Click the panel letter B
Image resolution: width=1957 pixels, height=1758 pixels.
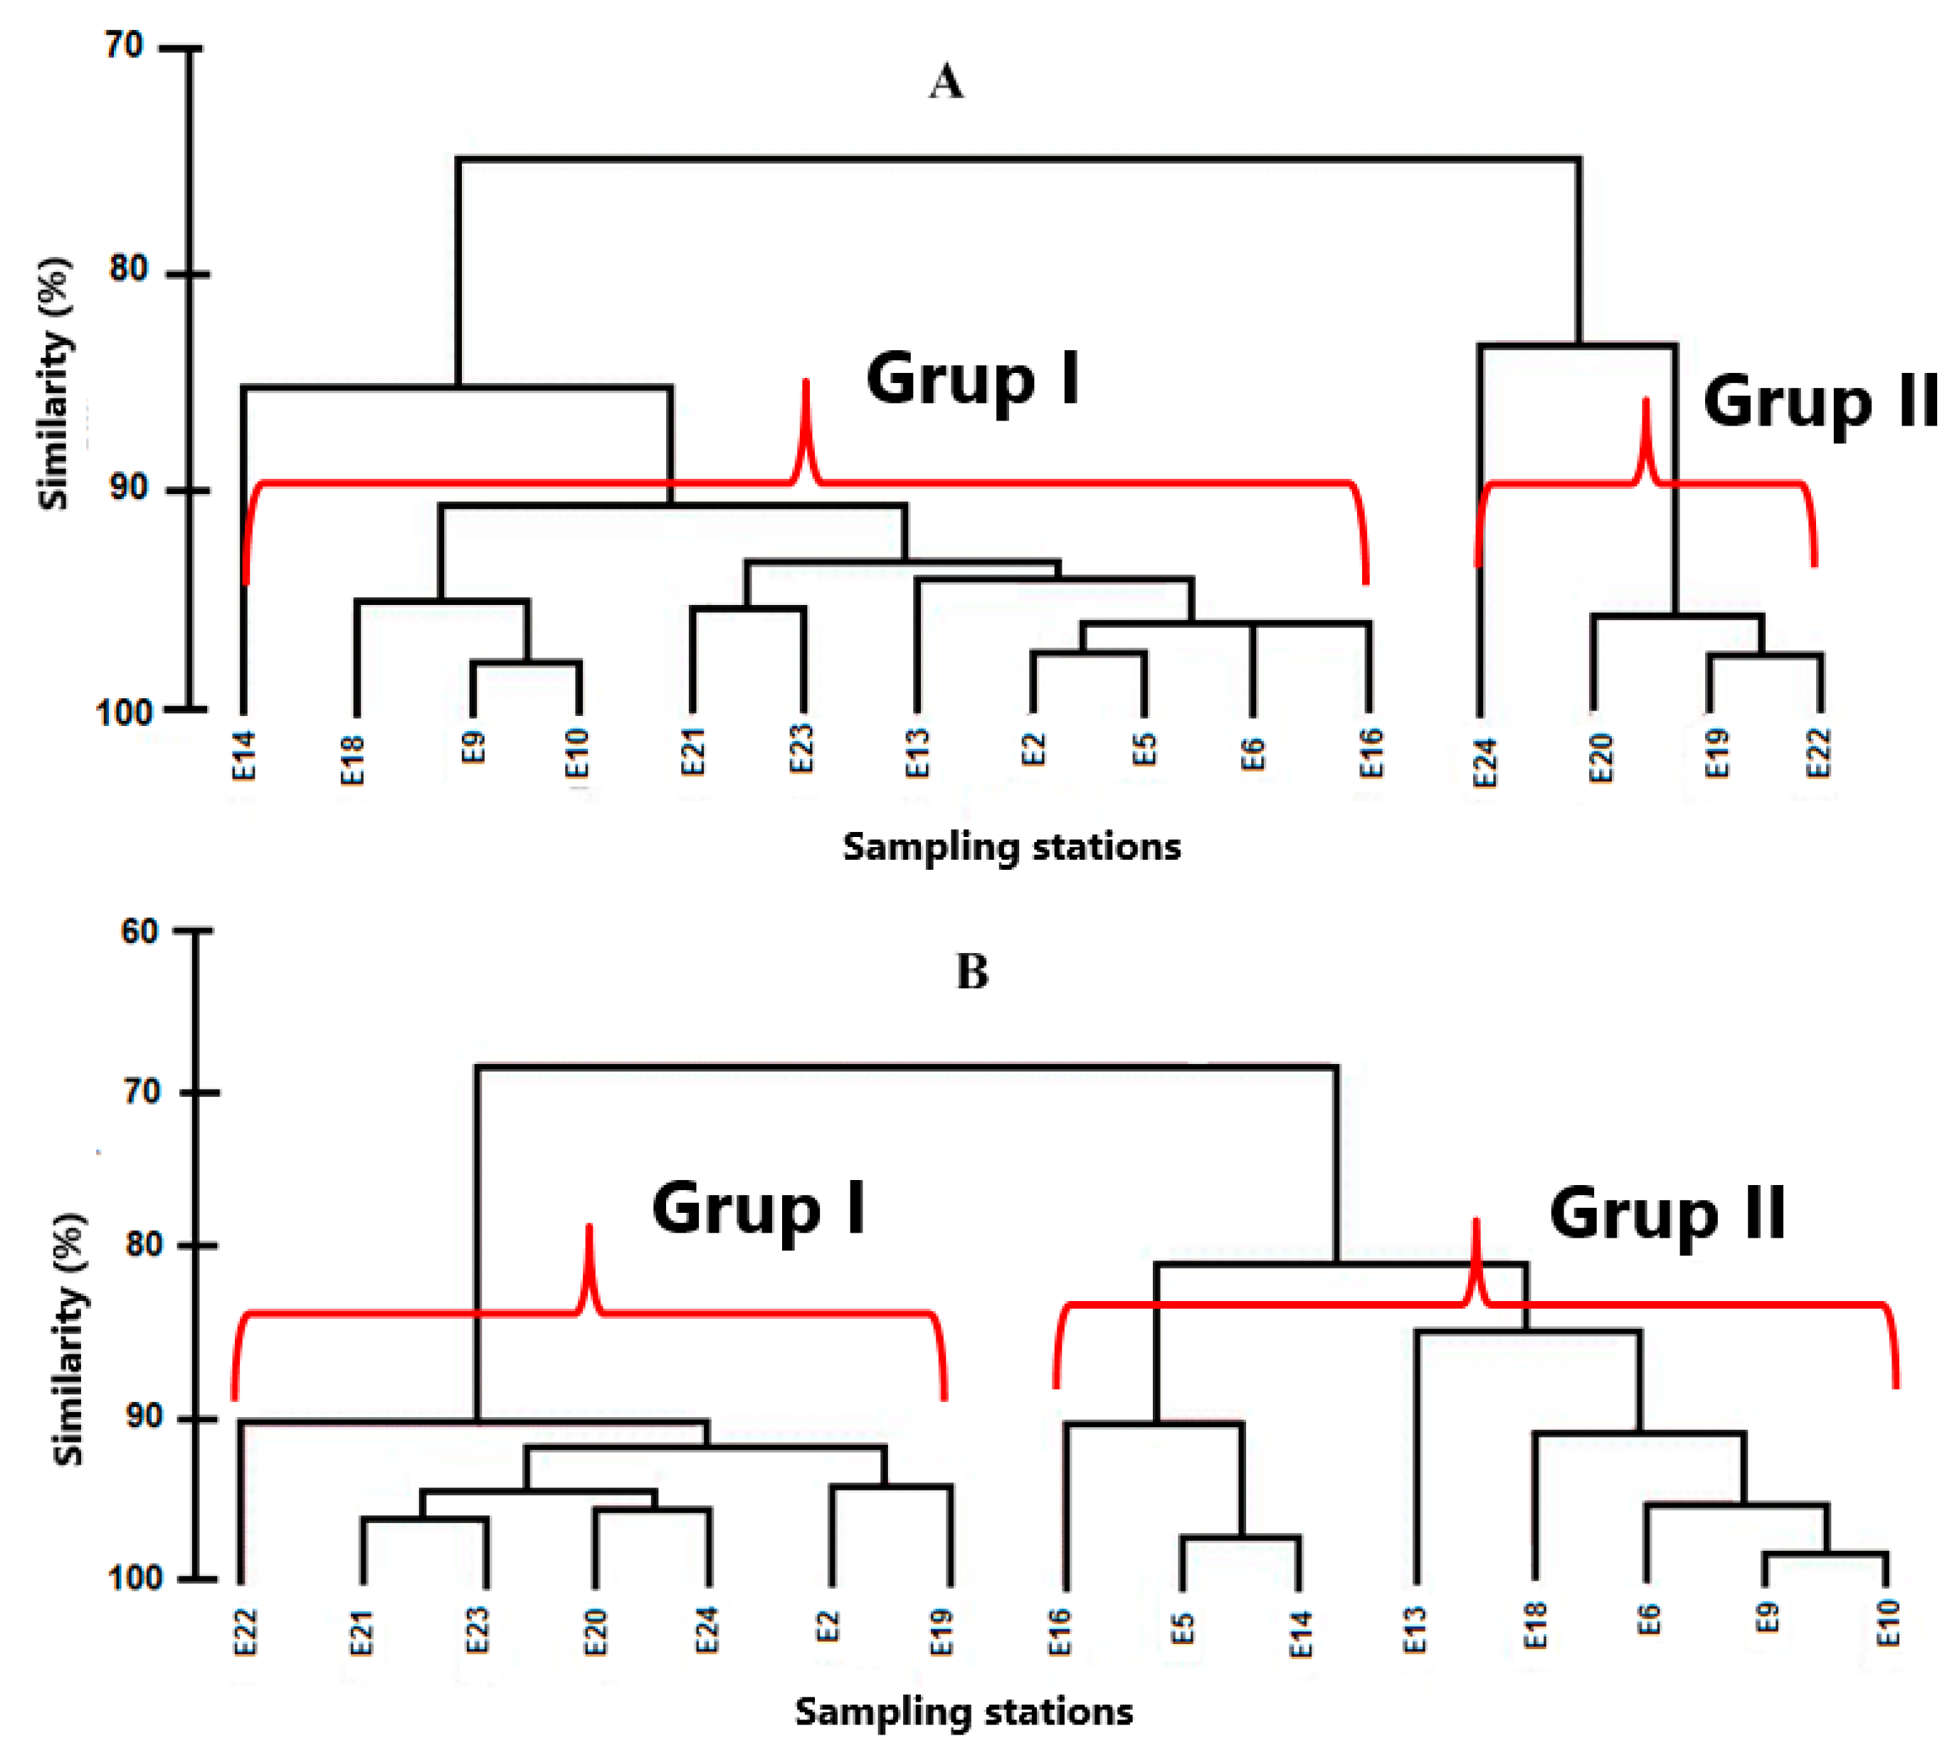[971, 972]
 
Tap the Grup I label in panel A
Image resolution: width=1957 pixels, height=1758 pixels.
[971, 379]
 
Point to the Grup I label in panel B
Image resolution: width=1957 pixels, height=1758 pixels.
[759, 1209]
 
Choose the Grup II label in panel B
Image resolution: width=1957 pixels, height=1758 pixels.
[1667, 1214]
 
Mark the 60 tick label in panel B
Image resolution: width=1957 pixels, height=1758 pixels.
[139, 931]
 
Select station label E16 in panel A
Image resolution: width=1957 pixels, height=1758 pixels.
[1371, 754]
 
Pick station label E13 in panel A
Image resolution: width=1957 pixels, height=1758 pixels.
[917, 754]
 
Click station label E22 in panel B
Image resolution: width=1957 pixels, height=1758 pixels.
[246, 1633]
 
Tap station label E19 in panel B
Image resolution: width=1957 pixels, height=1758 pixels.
[941, 1631]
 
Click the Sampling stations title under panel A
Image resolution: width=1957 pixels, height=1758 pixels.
[1011, 847]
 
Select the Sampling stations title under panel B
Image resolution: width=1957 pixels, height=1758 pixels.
[963, 1712]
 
